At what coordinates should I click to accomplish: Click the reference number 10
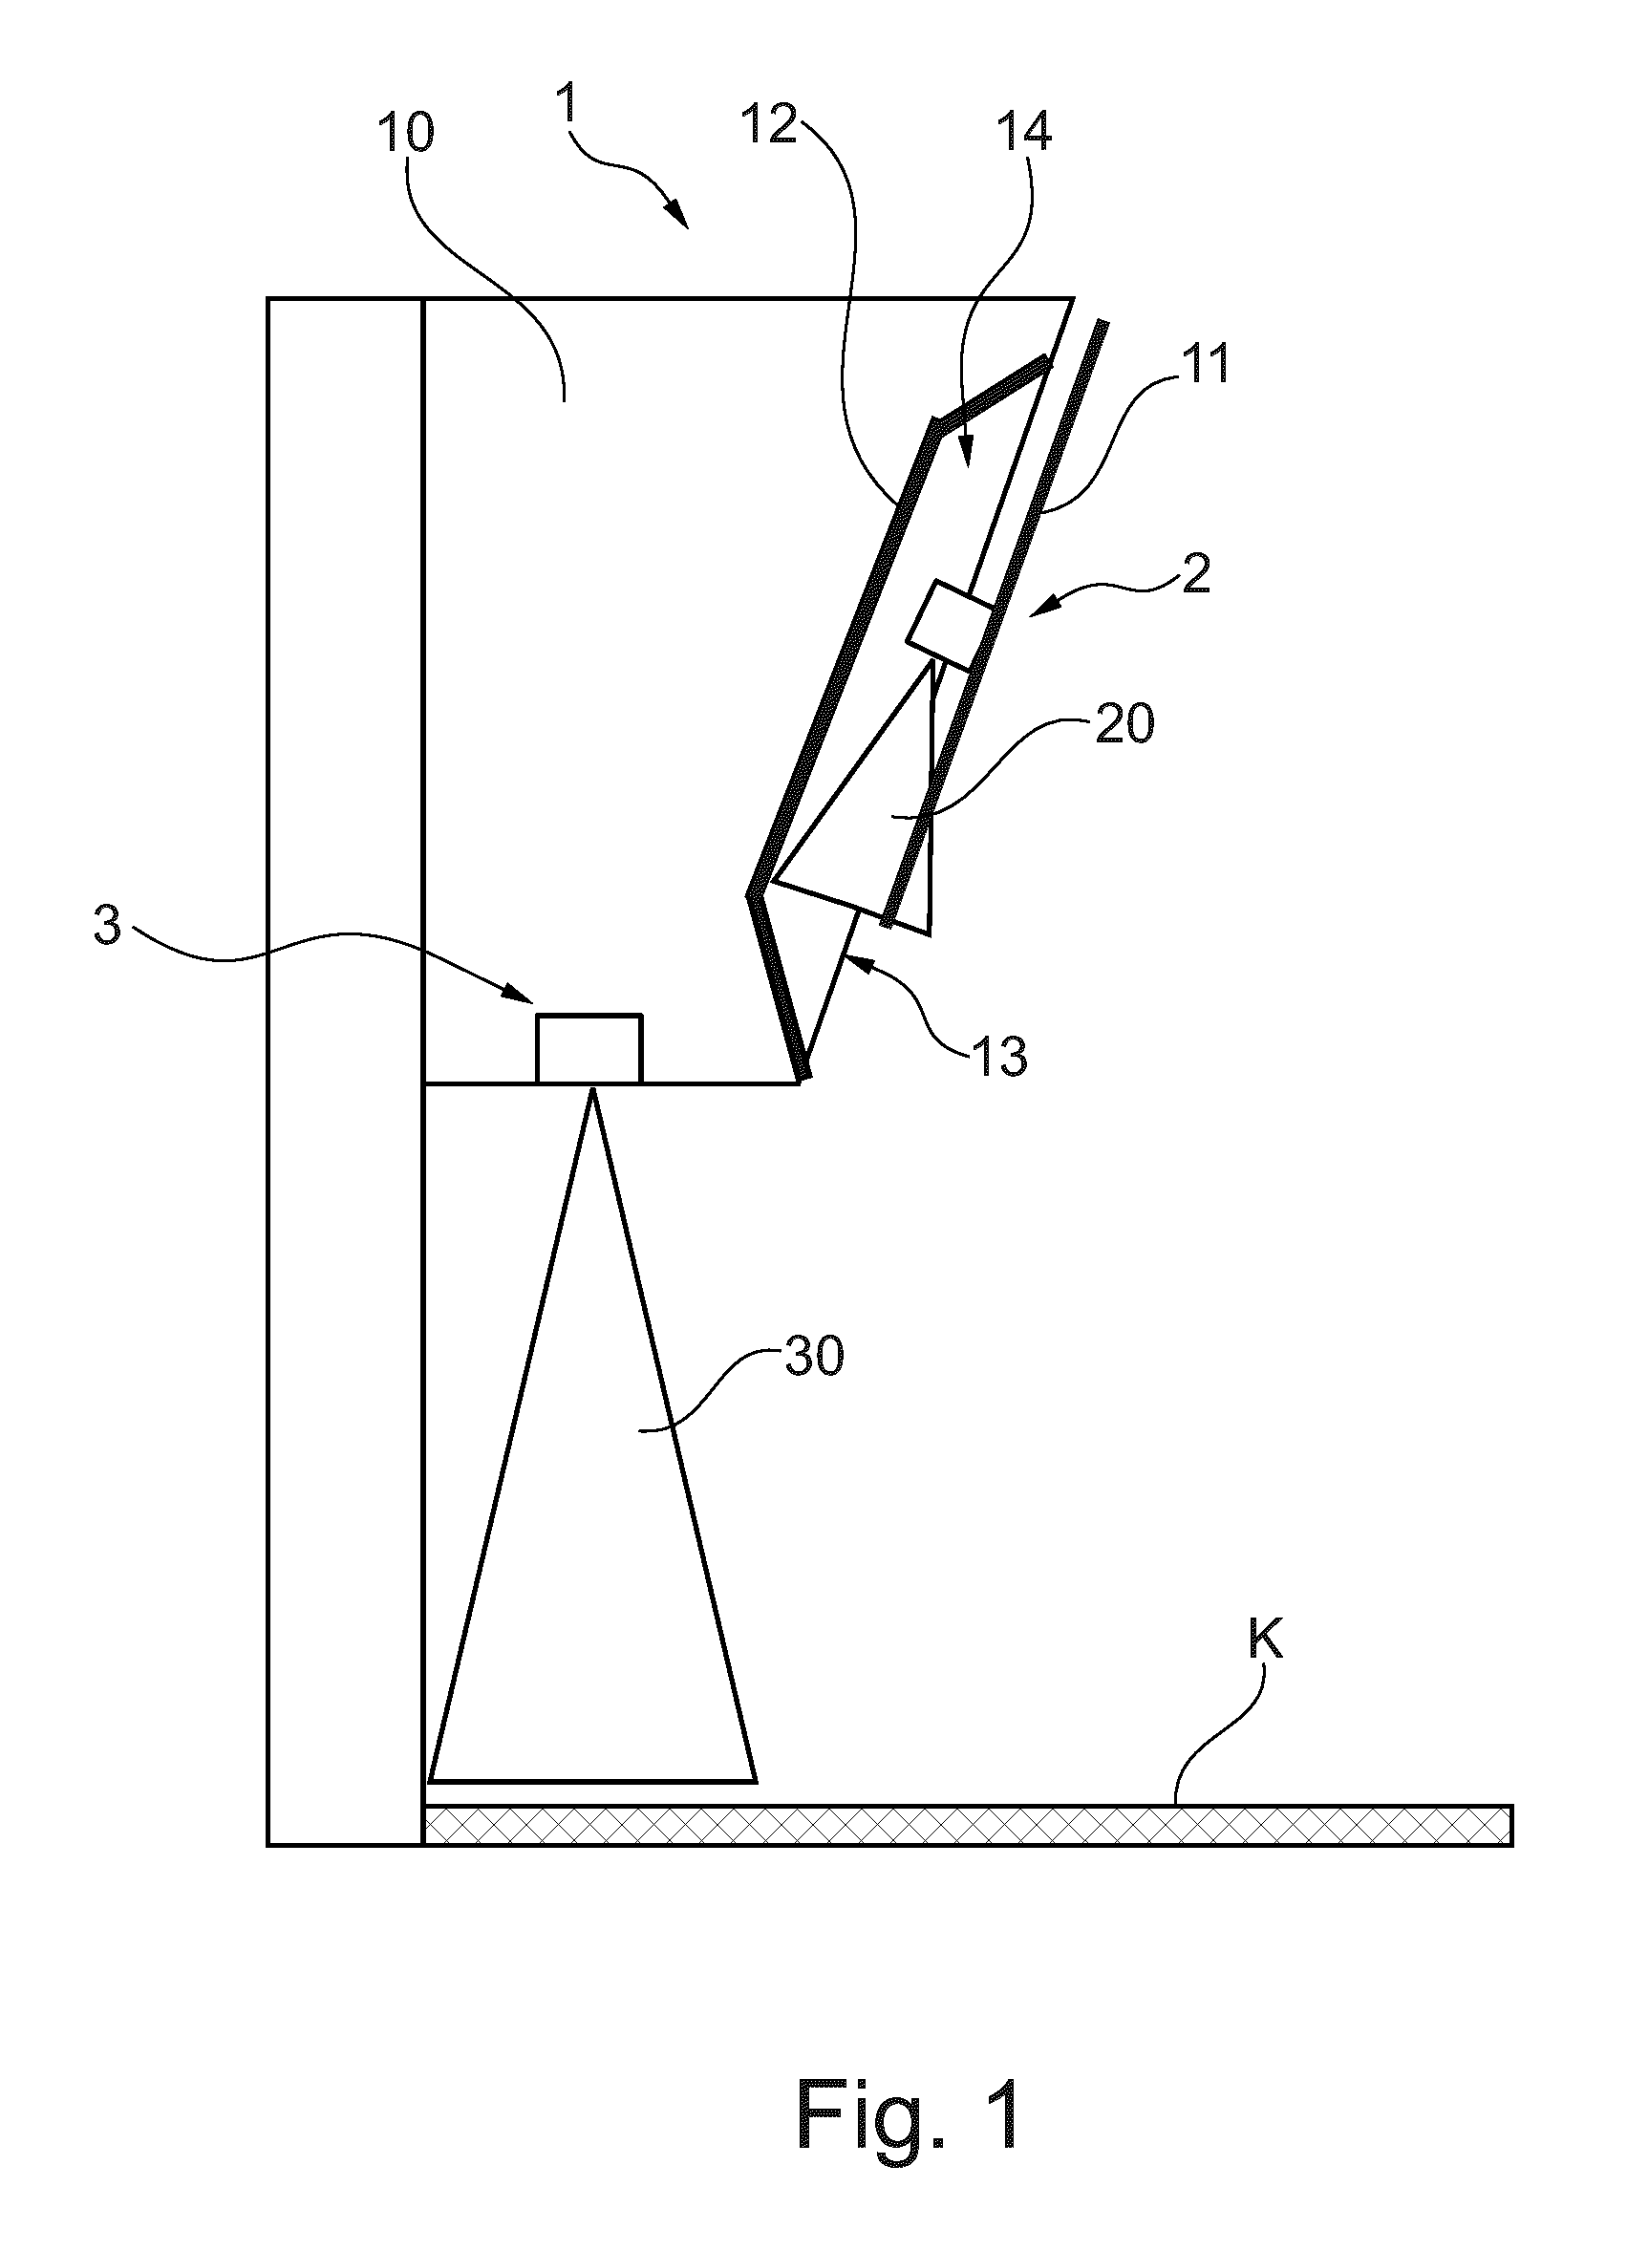(x=405, y=131)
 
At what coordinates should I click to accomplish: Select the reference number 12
(x=770, y=124)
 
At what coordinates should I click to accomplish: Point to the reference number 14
(x=1023, y=131)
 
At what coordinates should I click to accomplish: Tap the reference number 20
(x=1124, y=724)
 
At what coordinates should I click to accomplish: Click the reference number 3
(x=106, y=925)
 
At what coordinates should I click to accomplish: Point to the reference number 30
(x=814, y=1355)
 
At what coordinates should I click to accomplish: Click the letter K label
(x=1265, y=1642)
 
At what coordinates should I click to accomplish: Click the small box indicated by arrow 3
(x=589, y=1048)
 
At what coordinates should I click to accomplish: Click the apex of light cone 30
(x=592, y=1090)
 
